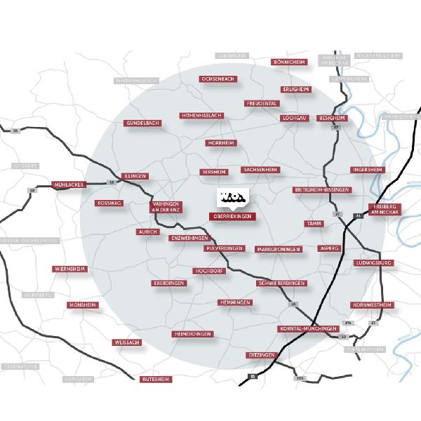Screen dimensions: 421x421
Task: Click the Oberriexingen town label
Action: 232,217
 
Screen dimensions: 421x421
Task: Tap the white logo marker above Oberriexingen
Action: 231,198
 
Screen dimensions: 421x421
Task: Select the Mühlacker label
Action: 68,185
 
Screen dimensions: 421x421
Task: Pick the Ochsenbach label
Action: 218,79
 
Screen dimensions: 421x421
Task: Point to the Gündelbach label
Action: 143,123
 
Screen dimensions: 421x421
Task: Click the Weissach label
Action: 127,342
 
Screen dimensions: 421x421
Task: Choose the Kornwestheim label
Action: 371,305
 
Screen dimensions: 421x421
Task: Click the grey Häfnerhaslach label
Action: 137,81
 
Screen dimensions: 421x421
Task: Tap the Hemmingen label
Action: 235,302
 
